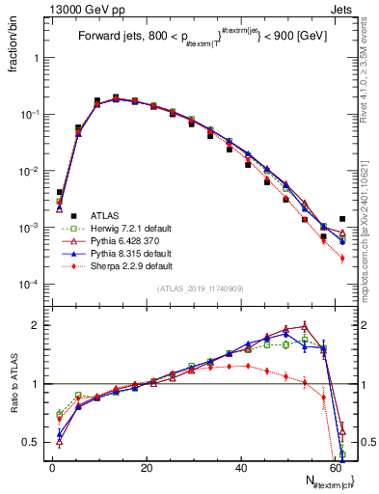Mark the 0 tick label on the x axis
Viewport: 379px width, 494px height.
pos(52,468)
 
